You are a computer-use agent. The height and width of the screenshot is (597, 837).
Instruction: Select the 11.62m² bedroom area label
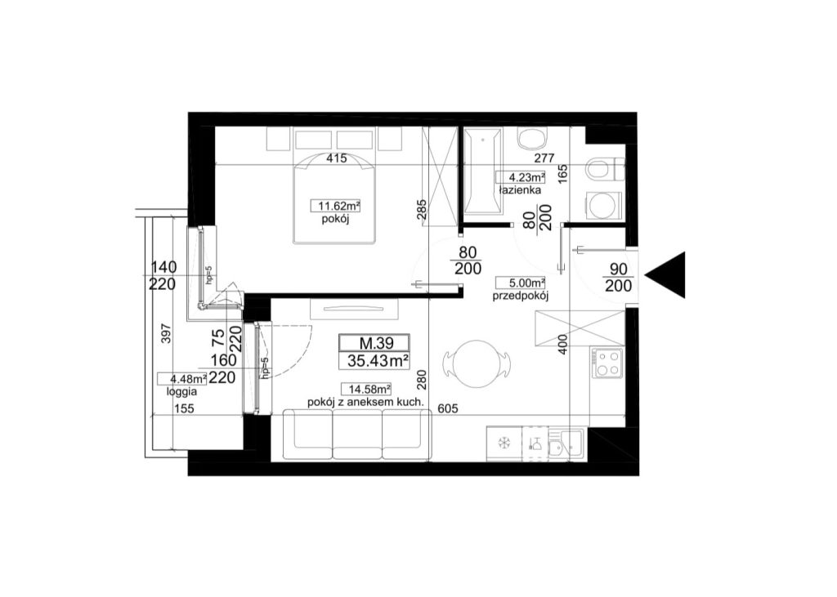click(x=336, y=206)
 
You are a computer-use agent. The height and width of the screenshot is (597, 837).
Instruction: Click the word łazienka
click(x=519, y=190)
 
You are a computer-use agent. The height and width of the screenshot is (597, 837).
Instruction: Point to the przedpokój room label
click(x=521, y=296)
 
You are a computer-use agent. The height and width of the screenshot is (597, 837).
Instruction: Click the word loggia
click(x=181, y=391)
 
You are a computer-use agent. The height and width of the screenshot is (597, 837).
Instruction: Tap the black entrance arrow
click(x=665, y=275)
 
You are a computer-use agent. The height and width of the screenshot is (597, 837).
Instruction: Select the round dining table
click(x=475, y=363)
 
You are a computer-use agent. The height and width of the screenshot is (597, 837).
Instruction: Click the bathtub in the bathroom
click(x=482, y=171)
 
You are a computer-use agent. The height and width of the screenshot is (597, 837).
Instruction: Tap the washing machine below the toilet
click(x=606, y=206)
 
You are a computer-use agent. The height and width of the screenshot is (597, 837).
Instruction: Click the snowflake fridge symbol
click(x=504, y=443)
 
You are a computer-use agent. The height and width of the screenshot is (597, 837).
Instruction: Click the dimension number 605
click(x=448, y=408)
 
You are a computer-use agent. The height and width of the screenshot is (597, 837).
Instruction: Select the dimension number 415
click(x=337, y=158)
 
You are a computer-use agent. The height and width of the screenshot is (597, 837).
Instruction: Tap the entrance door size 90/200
click(x=619, y=278)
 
